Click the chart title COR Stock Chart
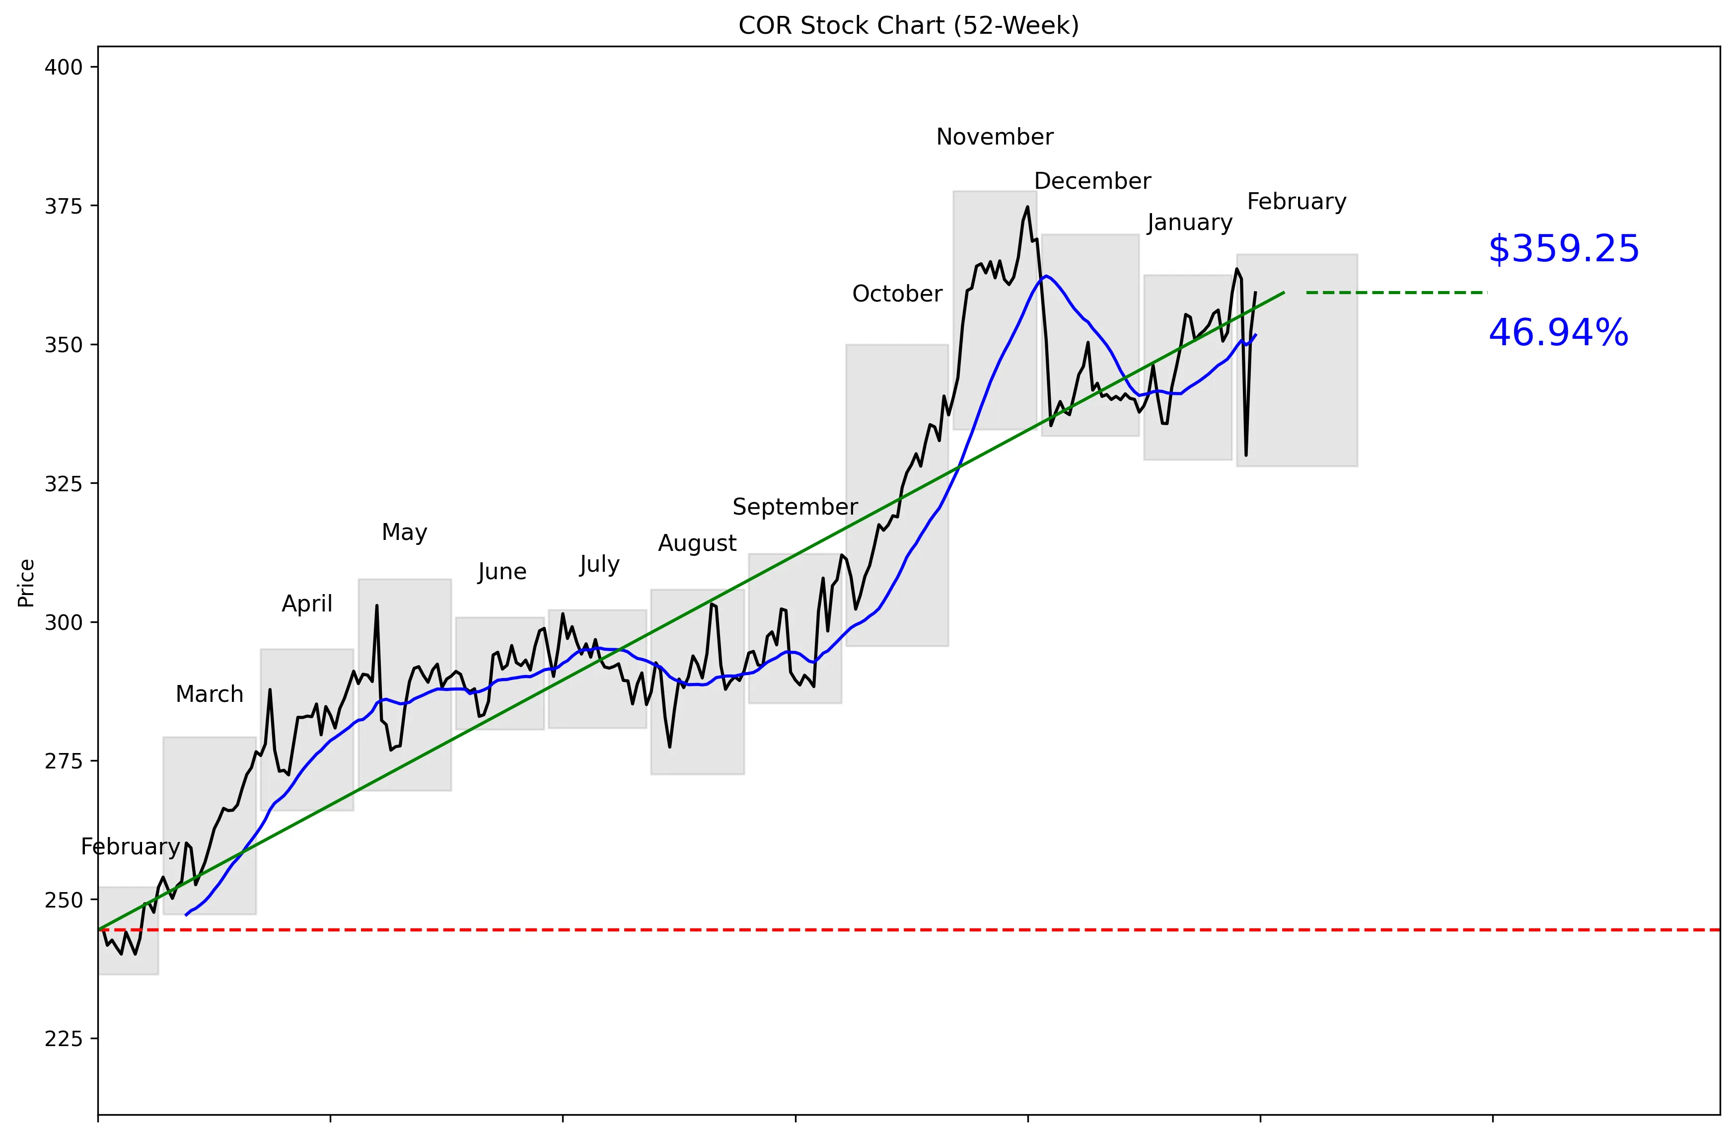[908, 25]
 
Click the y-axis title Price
[26, 583]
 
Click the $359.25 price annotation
[1563, 249]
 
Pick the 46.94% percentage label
[1558, 333]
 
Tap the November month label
[994, 137]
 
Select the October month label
[897, 294]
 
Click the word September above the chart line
[795, 507]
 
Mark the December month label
[1092, 181]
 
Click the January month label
[1189, 223]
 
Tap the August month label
[697, 543]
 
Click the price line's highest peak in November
[1027, 207]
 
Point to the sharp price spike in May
[376, 606]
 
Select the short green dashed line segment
[1396, 293]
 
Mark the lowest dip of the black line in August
[669, 747]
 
